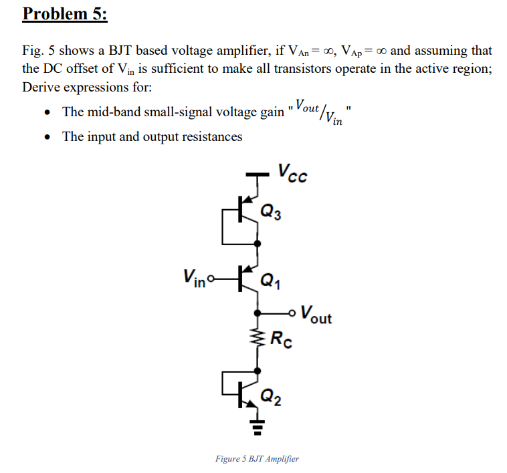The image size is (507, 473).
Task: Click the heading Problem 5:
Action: (65, 15)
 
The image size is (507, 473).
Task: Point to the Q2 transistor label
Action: (272, 400)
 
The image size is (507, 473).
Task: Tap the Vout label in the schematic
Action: (316, 314)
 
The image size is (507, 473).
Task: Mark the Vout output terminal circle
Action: (292, 312)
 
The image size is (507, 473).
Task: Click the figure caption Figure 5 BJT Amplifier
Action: (257, 458)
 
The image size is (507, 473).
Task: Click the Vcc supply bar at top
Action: (257, 176)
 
